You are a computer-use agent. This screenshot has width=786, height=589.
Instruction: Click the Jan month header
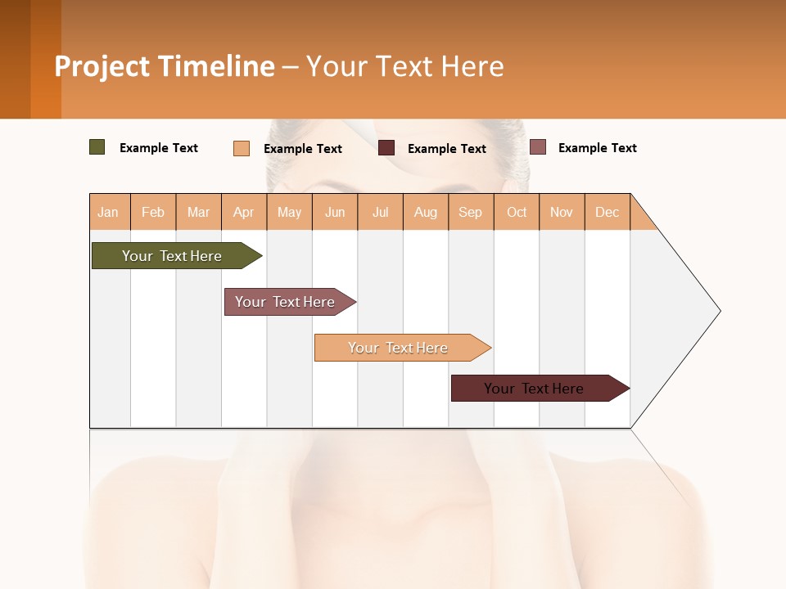[109, 212]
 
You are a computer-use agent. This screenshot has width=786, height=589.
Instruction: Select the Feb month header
[153, 212]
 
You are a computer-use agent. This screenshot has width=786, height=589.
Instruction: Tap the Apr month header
[244, 212]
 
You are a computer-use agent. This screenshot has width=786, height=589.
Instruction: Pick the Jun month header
[335, 212]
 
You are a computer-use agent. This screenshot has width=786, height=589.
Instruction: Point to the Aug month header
[426, 212]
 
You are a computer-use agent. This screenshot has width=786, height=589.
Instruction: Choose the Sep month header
[471, 212]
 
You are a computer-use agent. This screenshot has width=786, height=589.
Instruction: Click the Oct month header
[517, 212]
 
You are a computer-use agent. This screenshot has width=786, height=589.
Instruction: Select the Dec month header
[608, 212]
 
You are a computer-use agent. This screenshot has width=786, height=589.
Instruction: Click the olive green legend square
[97, 147]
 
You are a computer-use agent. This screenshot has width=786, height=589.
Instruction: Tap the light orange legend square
[242, 148]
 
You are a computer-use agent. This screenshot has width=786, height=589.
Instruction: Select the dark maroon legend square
[386, 148]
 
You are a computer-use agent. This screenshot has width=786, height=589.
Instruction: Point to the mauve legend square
[538, 147]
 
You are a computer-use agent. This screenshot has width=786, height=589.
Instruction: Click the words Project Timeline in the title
[164, 66]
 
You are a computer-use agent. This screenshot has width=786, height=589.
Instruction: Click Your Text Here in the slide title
[404, 66]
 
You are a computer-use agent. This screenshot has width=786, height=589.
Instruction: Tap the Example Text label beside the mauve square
[597, 148]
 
